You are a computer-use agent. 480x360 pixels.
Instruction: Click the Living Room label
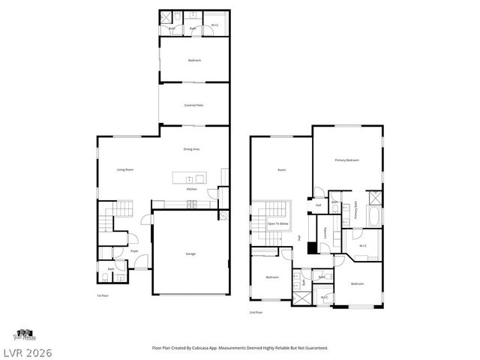[125, 169]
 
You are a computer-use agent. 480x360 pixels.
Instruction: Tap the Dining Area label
[191, 149]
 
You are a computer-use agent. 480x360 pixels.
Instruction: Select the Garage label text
[191, 254]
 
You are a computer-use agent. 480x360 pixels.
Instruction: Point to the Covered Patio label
[193, 105]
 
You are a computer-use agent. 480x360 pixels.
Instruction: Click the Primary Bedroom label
[346, 160]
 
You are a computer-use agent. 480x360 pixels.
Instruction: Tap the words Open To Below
[278, 224]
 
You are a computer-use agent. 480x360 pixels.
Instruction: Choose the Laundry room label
[325, 233]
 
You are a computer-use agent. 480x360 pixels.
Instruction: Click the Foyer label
[134, 251]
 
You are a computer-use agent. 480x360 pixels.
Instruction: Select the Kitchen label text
[191, 189]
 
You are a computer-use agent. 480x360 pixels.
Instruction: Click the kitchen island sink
[190, 178]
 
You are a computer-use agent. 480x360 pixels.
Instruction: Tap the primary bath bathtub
[374, 217]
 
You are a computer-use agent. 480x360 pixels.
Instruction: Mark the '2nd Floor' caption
[256, 312]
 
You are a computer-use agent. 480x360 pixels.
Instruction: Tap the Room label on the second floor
[282, 170]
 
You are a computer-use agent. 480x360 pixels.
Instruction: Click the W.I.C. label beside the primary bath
[362, 245]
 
